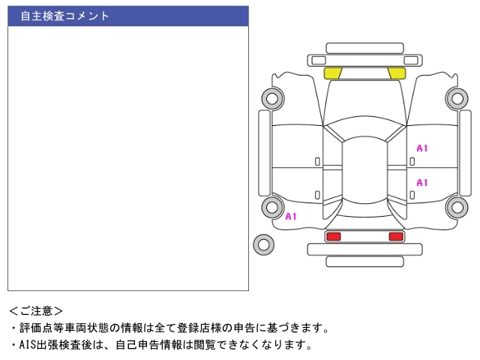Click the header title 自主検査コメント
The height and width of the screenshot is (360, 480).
coord(64,16)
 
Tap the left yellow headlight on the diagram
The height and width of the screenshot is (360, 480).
coord(333,73)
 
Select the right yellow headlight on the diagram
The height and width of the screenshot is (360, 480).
coord(397,73)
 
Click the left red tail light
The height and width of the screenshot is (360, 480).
coord(333,237)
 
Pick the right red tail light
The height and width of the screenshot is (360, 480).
coord(396,237)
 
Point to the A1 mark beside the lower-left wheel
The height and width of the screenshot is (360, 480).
coord(291,217)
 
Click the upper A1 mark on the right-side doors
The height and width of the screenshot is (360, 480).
coord(421,148)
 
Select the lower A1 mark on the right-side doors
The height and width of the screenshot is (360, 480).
coord(421,183)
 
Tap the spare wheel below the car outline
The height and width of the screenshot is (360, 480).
coord(263,244)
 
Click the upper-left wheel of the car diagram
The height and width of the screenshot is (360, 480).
coord(272,98)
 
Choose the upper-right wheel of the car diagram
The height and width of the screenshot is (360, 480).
coord(457,98)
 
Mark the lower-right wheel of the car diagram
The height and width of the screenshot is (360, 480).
coord(457,207)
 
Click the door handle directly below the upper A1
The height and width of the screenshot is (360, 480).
coord(412,162)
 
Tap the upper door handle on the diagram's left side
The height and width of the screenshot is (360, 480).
coord(317,162)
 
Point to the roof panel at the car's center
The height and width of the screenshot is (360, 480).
coord(364,170)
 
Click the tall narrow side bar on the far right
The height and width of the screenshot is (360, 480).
coord(465,153)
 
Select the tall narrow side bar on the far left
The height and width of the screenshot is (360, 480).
coord(265,153)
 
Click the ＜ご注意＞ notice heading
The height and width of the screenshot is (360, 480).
coord(36,311)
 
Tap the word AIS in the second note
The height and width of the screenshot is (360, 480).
coord(28,345)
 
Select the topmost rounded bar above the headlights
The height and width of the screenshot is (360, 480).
coord(364,48)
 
